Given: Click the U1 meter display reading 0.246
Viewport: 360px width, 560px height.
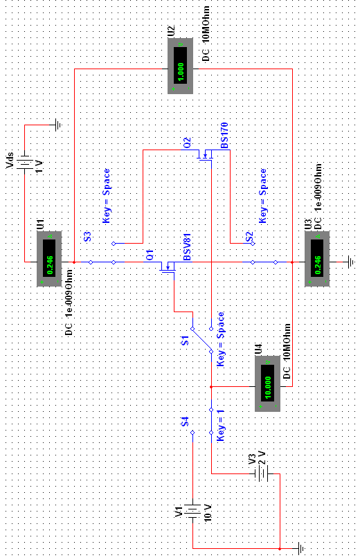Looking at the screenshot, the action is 49,259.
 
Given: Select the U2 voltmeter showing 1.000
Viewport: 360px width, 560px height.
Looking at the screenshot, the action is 181,66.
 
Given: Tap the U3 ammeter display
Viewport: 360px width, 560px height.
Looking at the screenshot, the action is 317,259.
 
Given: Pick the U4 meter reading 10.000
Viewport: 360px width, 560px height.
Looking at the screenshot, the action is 267,383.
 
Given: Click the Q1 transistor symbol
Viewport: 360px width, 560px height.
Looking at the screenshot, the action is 167,267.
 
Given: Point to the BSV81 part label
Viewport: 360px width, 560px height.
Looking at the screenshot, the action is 187,247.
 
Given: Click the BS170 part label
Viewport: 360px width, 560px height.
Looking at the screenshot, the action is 224,136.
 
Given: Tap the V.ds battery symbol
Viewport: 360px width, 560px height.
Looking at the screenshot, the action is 24,163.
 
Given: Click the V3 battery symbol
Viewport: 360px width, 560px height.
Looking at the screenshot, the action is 263,473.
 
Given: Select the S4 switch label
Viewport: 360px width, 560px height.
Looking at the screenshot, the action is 185,422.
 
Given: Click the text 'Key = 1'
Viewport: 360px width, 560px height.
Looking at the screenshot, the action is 221,425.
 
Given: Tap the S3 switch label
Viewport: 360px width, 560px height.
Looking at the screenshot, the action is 87,237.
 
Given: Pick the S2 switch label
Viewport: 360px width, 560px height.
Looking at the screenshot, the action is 249,237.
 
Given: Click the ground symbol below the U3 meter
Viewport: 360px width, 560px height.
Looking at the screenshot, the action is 352,262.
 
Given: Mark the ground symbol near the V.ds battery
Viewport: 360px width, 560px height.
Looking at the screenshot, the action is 58,125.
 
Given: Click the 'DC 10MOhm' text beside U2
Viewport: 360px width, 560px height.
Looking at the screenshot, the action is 206,34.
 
